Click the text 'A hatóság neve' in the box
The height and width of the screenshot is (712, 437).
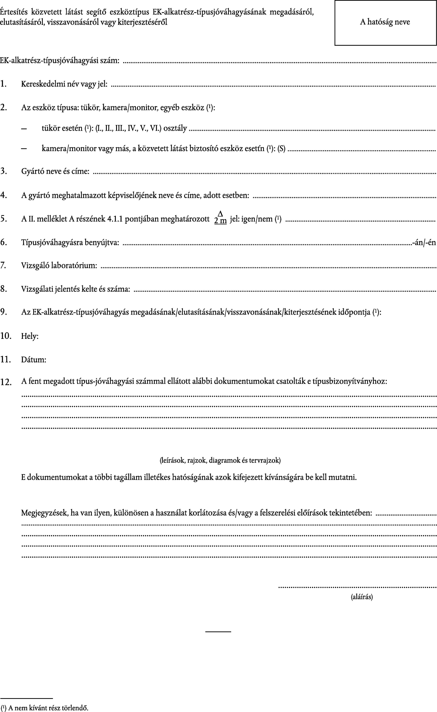[385, 22]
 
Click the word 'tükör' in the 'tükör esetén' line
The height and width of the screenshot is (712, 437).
[50, 128]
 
